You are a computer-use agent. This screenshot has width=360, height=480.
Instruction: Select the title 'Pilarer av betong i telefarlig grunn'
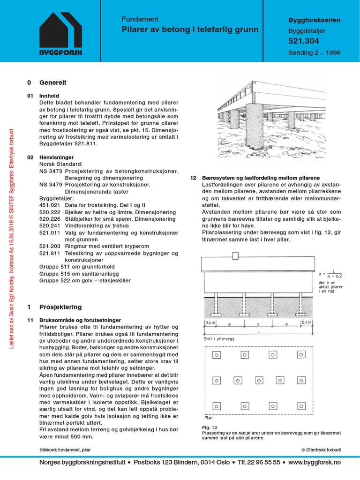pos(190,30)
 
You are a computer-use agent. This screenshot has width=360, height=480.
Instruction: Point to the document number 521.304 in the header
pos(303,42)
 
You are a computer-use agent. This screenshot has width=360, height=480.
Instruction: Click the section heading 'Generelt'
pos(53,82)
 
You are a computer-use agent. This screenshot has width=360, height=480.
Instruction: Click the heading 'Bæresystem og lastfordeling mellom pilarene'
pos(261,179)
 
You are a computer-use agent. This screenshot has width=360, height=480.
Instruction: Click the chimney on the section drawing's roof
pos(235,255)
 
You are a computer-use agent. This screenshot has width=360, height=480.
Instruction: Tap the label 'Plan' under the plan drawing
pos(209,417)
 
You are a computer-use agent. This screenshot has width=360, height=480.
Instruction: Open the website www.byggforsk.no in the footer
pos(315,462)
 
